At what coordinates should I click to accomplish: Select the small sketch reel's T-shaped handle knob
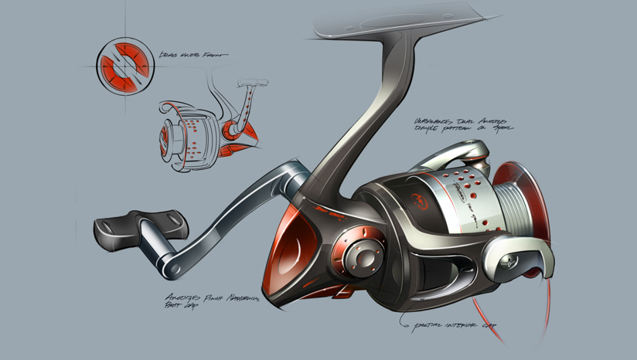pyautogui.click(x=249, y=80)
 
